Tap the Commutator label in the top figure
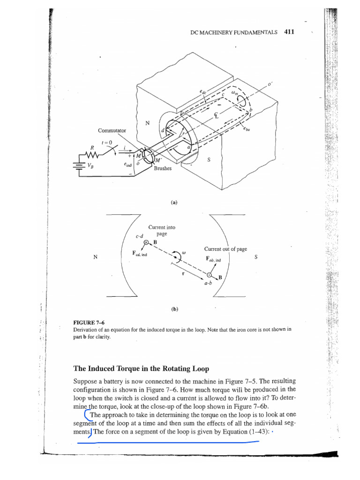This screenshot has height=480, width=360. (112, 130)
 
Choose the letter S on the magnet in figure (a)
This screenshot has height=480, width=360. (209, 159)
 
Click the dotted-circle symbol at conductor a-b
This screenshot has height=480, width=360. (210, 275)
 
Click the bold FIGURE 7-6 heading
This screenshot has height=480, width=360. (86, 323)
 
